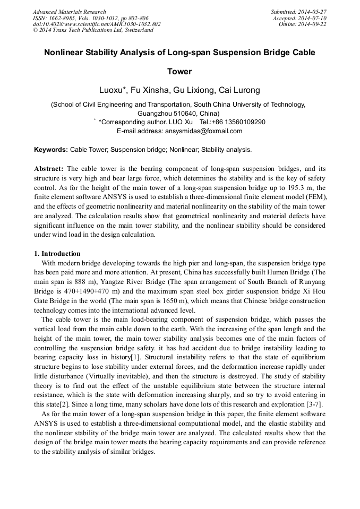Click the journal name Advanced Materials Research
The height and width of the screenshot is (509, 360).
69,12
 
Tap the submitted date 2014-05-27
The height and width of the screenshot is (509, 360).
313,12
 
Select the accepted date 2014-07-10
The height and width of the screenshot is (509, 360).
313,18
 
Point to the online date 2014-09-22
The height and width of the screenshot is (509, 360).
313,24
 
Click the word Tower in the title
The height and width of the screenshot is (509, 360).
179,72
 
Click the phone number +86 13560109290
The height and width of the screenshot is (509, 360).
238,122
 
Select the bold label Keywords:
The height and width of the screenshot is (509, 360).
51,150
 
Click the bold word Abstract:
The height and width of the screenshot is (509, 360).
49,168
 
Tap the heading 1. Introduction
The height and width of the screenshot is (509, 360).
57,254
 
